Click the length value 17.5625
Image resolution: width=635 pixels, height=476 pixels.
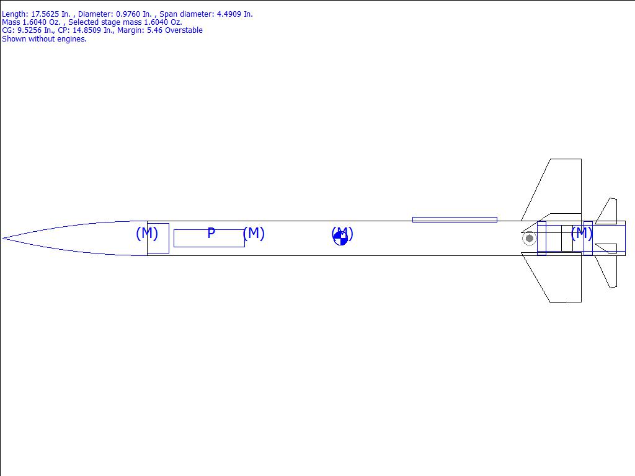pos(45,14)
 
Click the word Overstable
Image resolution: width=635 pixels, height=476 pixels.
pos(184,30)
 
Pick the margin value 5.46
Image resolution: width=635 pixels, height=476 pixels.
pos(154,30)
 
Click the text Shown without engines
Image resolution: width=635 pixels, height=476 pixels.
pos(44,39)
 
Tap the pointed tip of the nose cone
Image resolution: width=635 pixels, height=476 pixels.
pos(3,239)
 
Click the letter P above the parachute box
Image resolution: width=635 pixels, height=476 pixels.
pos(211,233)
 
